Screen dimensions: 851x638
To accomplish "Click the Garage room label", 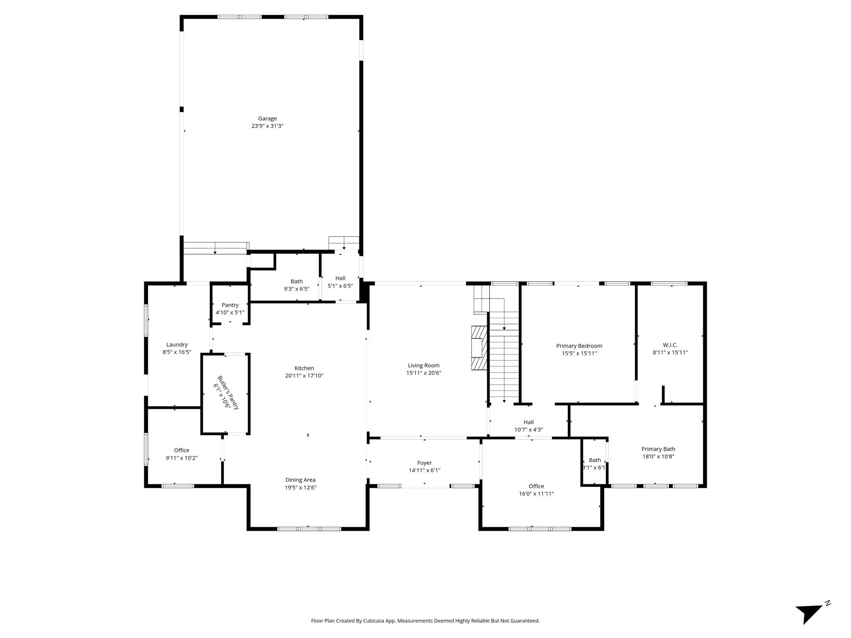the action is [x=267, y=118].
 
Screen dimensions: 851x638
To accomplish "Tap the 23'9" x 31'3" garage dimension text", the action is [x=267, y=126].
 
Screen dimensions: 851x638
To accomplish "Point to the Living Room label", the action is [x=423, y=366].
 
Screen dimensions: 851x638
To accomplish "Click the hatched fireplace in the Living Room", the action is [x=479, y=348].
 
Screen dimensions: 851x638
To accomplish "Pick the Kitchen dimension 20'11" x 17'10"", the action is [x=304, y=375].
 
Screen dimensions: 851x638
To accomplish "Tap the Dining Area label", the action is [x=300, y=480].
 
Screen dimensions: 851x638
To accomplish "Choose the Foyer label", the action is [x=424, y=463].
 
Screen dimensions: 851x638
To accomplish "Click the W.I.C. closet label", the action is [x=670, y=345].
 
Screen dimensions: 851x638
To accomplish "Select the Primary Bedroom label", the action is [x=579, y=346].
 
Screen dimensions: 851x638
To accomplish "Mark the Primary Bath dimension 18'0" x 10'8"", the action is [x=658, y=456].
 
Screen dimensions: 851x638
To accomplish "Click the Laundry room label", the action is [x=177, y=344].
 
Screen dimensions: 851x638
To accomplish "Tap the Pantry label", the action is [x=230, y=305].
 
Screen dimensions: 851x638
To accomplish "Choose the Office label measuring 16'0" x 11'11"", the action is [x=536, y=486].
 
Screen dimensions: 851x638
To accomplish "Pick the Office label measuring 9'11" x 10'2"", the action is [x=182, y=450].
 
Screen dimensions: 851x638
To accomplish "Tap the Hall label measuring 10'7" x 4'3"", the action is [x=529, y=422].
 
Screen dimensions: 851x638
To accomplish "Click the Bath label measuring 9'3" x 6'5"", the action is [x=297, y=281].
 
